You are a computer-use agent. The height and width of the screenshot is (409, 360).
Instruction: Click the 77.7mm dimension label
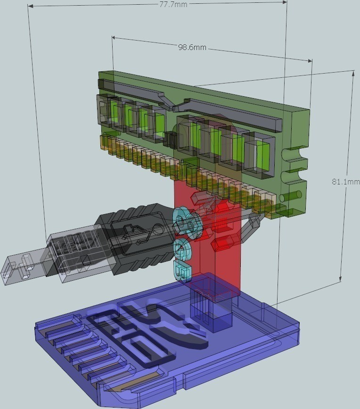coord(173,4)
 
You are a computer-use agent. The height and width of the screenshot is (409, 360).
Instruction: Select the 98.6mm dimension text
coord(192,47)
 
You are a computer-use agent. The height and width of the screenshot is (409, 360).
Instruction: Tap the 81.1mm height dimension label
coord(346,181)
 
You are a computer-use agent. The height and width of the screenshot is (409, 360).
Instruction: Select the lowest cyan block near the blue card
coord(182,273)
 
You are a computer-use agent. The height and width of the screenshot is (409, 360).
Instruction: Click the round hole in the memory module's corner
coord(290,196)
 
